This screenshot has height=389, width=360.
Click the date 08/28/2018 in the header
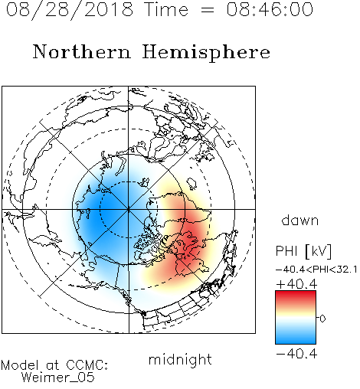point(70,10)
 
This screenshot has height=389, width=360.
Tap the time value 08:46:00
point(270,9)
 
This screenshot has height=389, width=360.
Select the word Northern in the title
point(82,51)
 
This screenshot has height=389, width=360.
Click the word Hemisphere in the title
point(206,52)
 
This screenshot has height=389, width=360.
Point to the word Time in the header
point(166,9)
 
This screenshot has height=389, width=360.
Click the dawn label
point(300,220)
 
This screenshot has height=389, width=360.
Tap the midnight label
point(180,359)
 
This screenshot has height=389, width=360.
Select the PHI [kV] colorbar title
point(303,251)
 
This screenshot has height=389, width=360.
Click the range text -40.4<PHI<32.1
point(316,270)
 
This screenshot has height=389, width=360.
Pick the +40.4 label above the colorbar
point(296,284)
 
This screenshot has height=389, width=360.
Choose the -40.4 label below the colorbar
point(296,354)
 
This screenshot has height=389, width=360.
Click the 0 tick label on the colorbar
point(322,319)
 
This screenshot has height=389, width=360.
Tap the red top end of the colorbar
point(296,293)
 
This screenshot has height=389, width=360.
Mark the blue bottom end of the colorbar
point(296,342)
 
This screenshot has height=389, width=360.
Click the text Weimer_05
point(58,378)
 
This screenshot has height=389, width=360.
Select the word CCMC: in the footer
point(87,365)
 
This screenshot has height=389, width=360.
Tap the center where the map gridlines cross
point(129,209)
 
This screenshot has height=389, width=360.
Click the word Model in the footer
point(20,365)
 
